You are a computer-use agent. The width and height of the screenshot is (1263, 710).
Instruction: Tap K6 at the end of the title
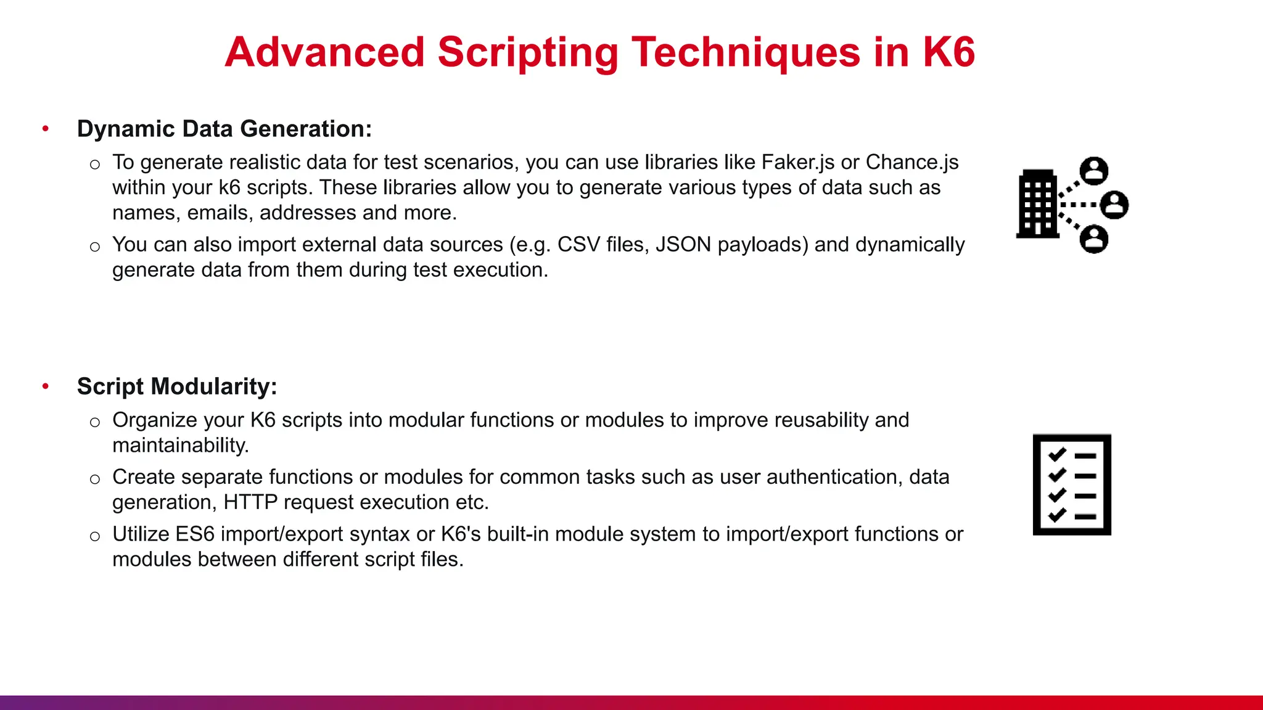pos(948,52)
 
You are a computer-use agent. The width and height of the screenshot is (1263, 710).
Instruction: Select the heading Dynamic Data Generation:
pos(224,129)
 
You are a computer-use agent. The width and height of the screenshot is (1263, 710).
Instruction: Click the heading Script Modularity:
pos(177,386)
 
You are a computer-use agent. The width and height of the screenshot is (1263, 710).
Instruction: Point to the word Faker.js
pos(797,162)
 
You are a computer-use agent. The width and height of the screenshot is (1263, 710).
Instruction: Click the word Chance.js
pos(911,162)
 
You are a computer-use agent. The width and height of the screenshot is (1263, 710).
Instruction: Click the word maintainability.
pos(180,446)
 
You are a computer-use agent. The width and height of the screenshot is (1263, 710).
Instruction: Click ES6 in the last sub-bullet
pos(194,534)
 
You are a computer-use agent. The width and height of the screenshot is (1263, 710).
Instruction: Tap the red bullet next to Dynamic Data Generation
pos(46,129)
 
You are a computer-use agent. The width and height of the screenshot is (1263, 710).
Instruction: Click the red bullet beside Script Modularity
pos(46,386)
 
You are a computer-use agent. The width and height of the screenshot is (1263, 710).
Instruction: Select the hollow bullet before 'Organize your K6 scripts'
pos(94,422)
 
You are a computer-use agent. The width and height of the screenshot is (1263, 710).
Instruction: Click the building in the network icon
pos(1037,204)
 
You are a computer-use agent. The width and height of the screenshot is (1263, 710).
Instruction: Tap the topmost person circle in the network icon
pos(1094,171)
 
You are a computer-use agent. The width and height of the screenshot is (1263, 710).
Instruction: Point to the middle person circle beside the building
pos(1114,205)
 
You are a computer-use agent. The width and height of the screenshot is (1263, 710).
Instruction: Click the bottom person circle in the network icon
pos(1094,239)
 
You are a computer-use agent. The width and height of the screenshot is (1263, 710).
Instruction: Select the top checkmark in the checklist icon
pos(1057,455)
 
